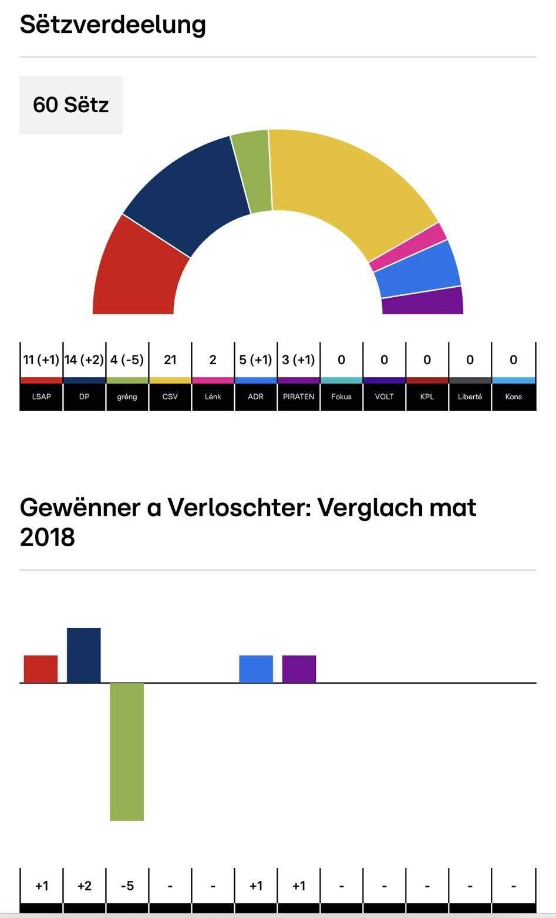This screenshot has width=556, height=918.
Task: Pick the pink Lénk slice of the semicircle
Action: tap(408, 247)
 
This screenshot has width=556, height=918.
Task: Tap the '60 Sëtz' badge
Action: tap(71, 105)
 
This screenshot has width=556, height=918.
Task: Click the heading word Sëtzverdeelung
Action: tap(113, 25)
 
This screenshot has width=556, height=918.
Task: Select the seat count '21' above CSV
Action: tap(170, 360)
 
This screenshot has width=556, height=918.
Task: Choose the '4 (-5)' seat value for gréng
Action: tap(127, 360)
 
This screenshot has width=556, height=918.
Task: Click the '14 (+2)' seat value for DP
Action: tap(84, 360)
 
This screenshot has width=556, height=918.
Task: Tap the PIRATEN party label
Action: tap(298, 397)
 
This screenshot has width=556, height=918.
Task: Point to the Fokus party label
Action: tap(341, 397)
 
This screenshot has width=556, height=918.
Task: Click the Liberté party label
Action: tap(470, 397)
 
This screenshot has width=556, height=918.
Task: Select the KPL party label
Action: tap(427, 397)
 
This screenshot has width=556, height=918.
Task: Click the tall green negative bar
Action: tap(127, 752)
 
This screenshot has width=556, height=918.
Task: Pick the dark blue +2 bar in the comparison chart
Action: tap(84, 655)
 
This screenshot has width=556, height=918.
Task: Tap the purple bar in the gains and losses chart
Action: tap(299, 669)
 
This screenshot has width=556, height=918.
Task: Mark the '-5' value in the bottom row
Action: tap(127, 886)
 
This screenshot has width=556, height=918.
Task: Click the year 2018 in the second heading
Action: tap(48, 537)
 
